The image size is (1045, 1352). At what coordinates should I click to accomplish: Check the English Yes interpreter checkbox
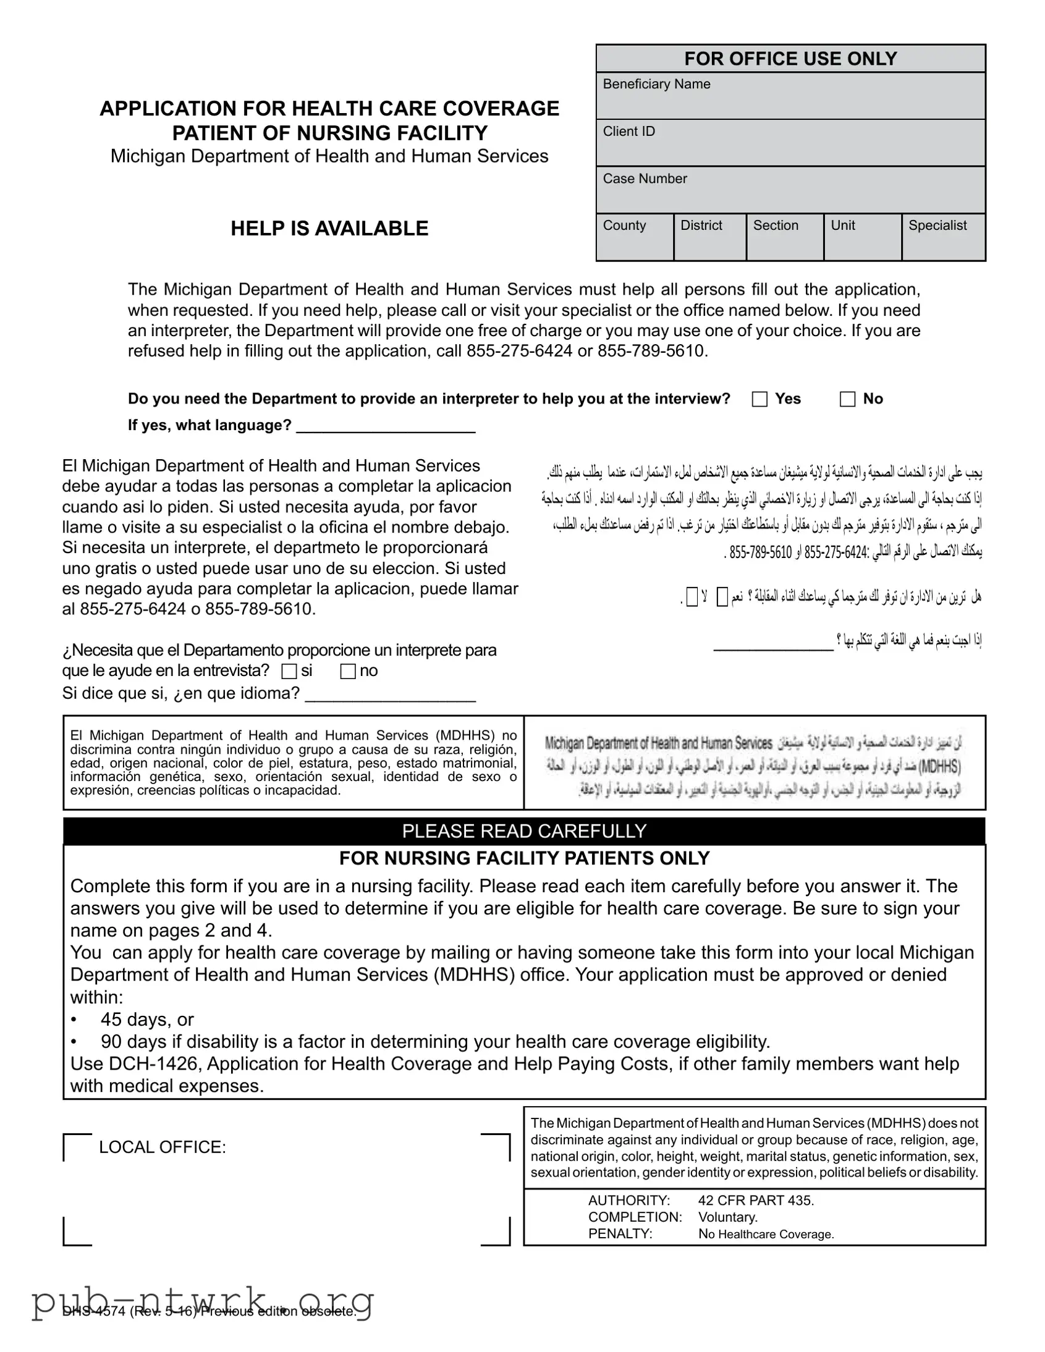759,399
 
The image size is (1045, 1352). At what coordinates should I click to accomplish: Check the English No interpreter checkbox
847,399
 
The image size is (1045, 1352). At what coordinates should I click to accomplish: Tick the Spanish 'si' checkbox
289,671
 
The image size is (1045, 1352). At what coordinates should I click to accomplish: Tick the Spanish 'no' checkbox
348,671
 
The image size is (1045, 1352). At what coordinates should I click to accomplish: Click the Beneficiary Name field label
656,84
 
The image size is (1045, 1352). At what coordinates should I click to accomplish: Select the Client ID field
790,143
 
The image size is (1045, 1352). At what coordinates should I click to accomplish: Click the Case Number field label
645,179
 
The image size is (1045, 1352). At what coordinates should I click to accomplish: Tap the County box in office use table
635,237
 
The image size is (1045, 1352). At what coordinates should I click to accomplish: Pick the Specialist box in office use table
943,237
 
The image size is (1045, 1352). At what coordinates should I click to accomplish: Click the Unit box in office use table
862,237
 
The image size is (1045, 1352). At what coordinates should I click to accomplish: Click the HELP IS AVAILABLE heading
329,229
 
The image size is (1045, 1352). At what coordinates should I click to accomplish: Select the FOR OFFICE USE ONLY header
790,59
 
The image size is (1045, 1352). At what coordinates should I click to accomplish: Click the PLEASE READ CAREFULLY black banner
524,830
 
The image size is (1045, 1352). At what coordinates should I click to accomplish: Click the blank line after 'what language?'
386,427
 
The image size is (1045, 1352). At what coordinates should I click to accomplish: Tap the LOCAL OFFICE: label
162,1147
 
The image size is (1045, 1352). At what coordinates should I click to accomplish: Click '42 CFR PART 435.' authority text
756,1201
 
